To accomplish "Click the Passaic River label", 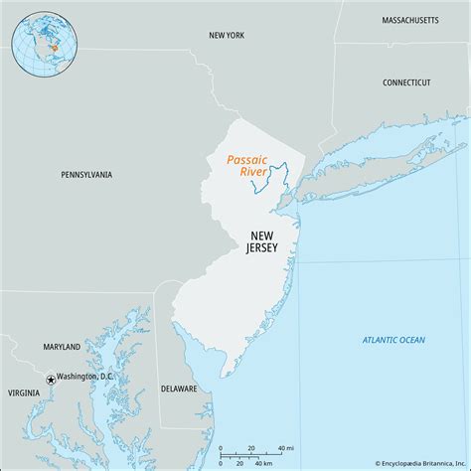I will click(x=247, y=165).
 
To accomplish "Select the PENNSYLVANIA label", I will click(x=85, y=175).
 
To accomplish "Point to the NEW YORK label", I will click(x=227, y=35).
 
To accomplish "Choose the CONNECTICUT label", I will click(x=406, y=82).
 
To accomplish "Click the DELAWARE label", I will click(x=179, y=389).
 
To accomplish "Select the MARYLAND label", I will click(x=62, y=347).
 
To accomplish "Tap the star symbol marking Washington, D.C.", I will click(x=50, y=379).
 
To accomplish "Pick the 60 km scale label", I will click(x=262, y=462).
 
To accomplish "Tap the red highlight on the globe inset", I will click(x=52, y=45).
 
